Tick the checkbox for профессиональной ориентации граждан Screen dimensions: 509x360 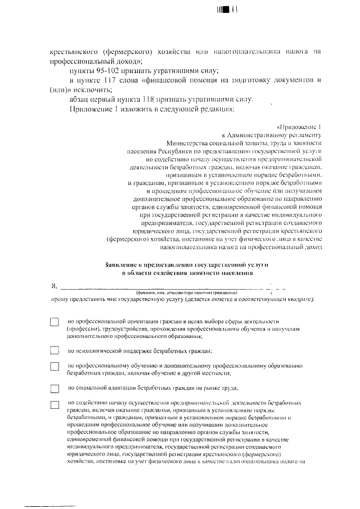coord(55,322)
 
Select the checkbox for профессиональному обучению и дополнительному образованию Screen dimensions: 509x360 coord(55,367)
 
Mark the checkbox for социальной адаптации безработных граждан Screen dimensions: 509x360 coord(55,388)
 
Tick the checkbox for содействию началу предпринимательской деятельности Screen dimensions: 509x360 coord(55,404)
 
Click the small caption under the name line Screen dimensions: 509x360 coord(186,293)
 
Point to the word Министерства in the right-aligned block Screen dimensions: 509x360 coord(182,143)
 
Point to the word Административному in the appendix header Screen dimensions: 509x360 coord(263,135)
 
